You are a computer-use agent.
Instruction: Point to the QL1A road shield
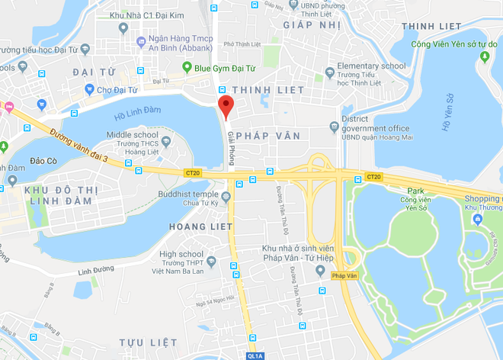point(255,355)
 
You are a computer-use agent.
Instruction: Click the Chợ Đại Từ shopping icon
point(90,90)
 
